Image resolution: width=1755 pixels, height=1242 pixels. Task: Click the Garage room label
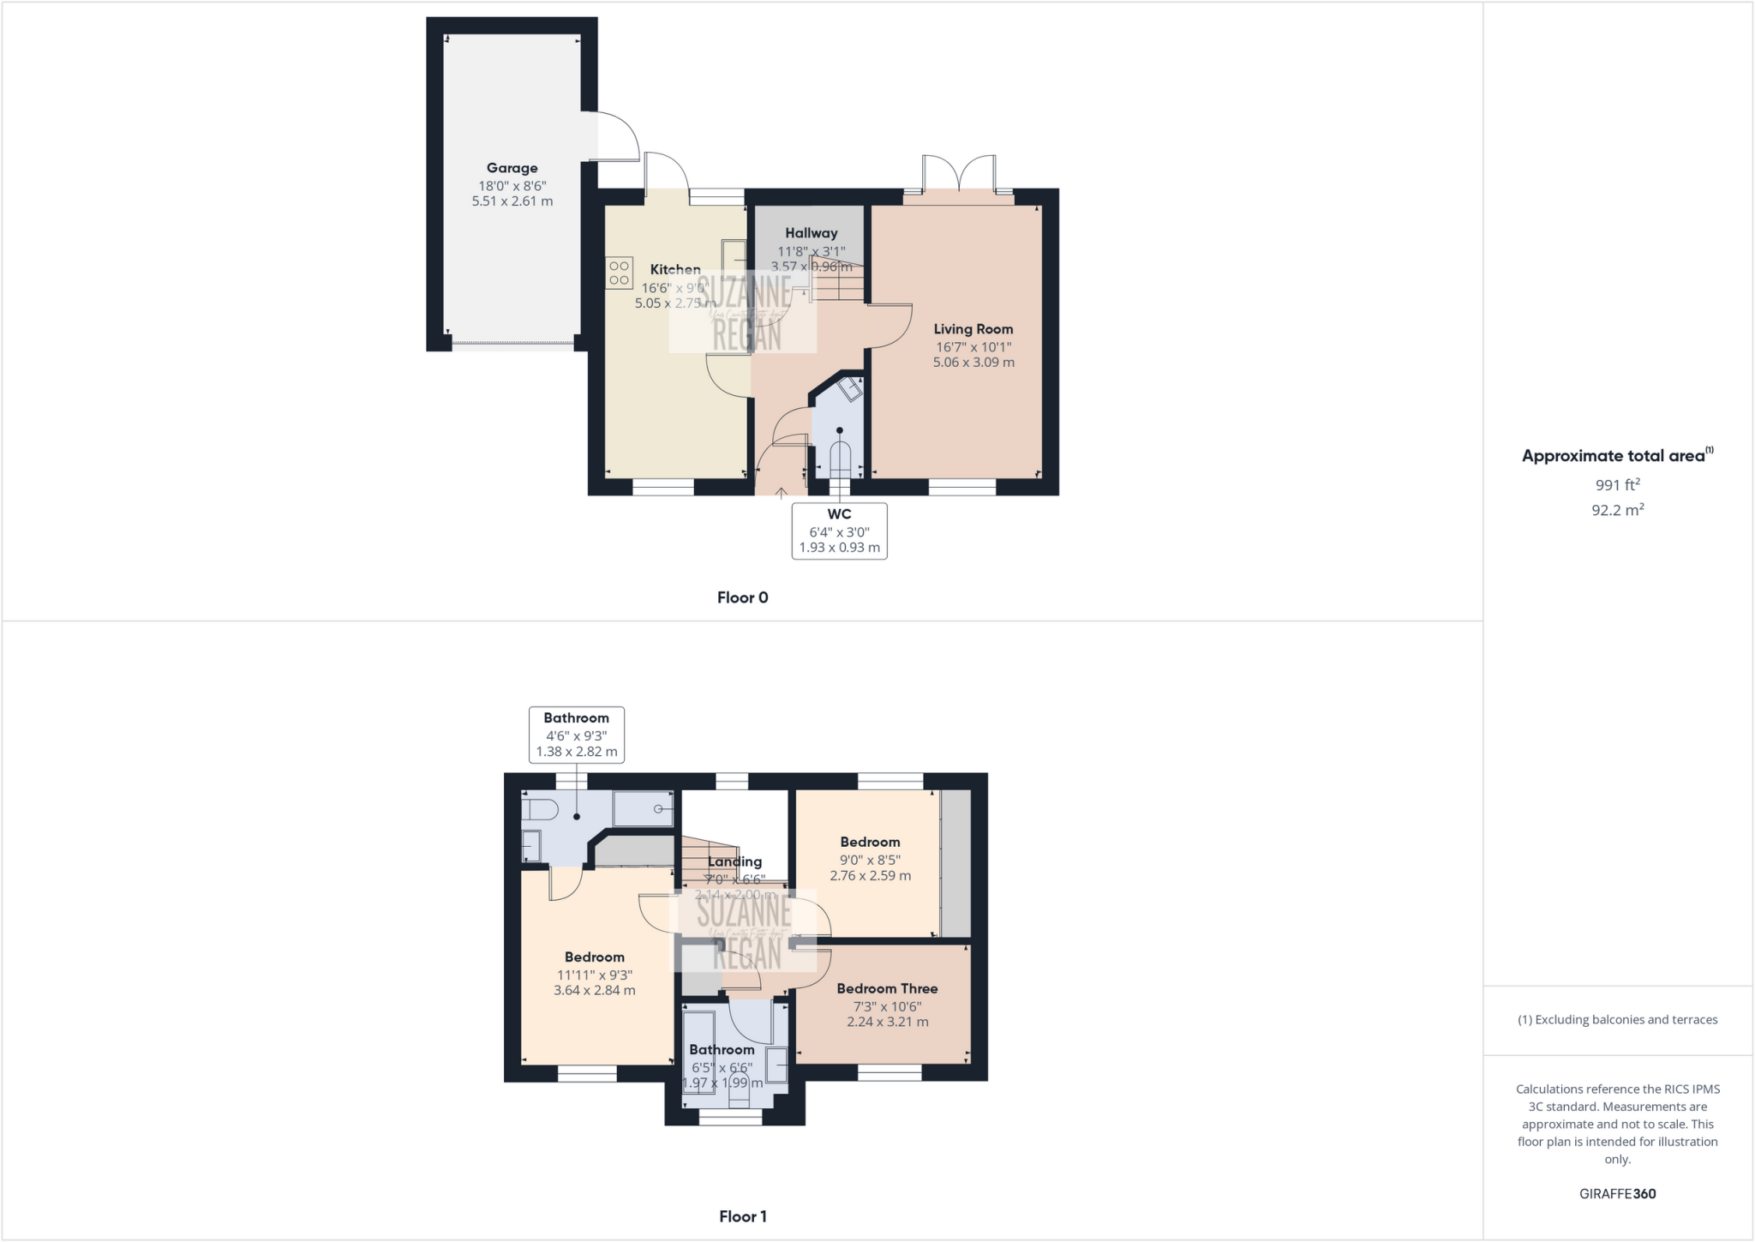tap(512, 168)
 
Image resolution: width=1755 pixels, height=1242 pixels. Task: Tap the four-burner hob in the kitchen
tap(619, 273)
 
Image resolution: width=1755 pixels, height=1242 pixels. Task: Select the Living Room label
tap(973, 329)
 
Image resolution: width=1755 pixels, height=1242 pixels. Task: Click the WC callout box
tap(839, 531)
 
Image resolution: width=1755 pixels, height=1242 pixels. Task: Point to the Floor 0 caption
tap(742, 597)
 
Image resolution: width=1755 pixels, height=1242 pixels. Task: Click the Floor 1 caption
tap(742, 1216)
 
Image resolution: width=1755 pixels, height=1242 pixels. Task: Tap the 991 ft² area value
tap(1617, 484)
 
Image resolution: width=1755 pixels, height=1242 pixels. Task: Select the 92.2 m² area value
tap(1617, 510)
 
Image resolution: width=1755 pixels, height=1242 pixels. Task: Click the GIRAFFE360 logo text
tap(1617, 1193)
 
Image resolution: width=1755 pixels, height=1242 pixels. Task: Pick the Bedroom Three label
tap(887, 988)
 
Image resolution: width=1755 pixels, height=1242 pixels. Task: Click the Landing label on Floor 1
tap(734, 862)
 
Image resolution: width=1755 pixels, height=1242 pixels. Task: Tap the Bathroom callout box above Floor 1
tap(576, 735)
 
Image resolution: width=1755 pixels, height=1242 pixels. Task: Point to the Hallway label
tap(811, 233)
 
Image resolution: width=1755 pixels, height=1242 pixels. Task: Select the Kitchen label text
tap(675, 269)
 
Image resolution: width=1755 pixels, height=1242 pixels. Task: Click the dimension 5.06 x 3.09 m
tap(973, 363)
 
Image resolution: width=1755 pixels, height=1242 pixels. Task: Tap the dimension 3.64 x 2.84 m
tap(594, 991)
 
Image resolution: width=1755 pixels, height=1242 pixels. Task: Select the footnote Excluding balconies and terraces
tap(1617, 1020)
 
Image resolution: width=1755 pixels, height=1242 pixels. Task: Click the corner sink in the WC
tap(850, 390)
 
